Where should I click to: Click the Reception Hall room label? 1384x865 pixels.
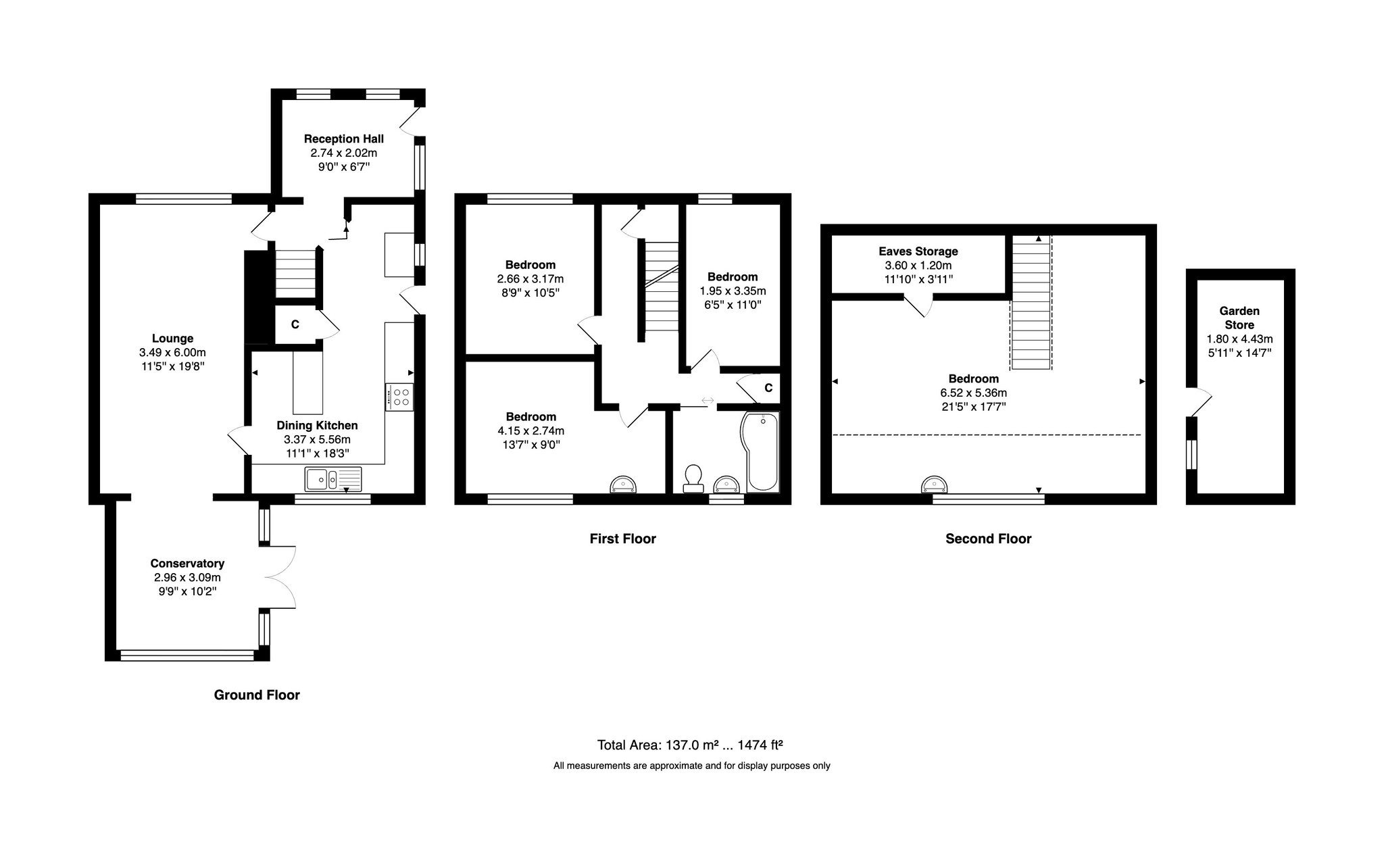coord(343,139)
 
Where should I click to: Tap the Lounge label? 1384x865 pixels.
coord(172,339)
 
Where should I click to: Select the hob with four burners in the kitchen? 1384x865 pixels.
coord(399,397)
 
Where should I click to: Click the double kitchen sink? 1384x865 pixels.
coord(333,478)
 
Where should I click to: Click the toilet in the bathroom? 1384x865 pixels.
coord(693,478)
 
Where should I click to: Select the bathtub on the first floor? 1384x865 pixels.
coord(760,451)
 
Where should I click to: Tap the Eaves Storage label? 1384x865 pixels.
coord(918,251)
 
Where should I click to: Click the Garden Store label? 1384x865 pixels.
coord(1239,318)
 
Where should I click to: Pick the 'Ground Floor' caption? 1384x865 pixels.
coord(257,695)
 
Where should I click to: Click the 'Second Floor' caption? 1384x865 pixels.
coord(988,539)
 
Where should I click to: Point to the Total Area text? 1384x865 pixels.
coord(690,745)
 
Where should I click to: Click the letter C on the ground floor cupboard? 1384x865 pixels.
coord(295,325)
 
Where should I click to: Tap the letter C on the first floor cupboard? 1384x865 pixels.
coord(768,388)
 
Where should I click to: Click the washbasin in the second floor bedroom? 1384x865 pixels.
coord(935,485)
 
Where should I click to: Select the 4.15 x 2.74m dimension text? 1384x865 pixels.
coord(530,430)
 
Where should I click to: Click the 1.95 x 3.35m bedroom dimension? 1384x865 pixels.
coord(733,291)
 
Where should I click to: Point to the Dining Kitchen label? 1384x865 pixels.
coord(317,426)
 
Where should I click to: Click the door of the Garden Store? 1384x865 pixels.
coord(1200,401)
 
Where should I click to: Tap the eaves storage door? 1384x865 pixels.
coord(918,307)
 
